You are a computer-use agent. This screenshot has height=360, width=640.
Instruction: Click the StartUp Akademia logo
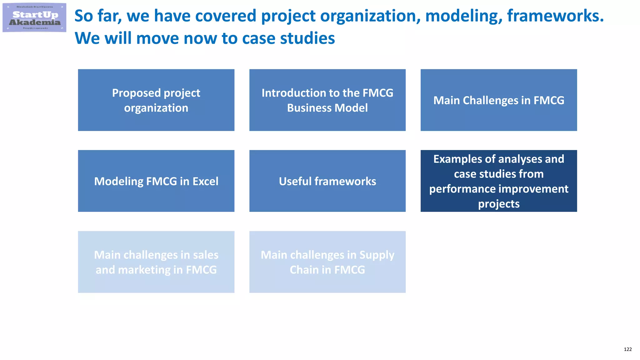point(34,17)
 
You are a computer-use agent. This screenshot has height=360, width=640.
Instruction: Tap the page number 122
point(627,349)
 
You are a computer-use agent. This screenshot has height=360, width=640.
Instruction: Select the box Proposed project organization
point(156,100)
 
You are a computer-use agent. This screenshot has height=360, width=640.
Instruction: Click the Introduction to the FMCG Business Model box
point(327,100)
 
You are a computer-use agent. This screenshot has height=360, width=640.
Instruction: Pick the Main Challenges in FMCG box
point(498,100)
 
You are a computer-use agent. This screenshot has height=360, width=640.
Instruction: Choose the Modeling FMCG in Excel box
point(156,181)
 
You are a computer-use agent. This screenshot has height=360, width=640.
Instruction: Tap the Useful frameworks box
point(327,181)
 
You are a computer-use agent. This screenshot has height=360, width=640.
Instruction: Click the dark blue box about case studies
point(498,181)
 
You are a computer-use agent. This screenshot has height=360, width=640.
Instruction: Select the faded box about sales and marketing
point(156,262)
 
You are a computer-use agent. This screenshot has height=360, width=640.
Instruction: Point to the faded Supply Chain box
point(327,262)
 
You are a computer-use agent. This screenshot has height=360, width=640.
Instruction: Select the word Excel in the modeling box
point(205,181)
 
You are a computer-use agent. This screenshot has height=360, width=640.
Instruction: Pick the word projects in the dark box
point(499,204)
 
